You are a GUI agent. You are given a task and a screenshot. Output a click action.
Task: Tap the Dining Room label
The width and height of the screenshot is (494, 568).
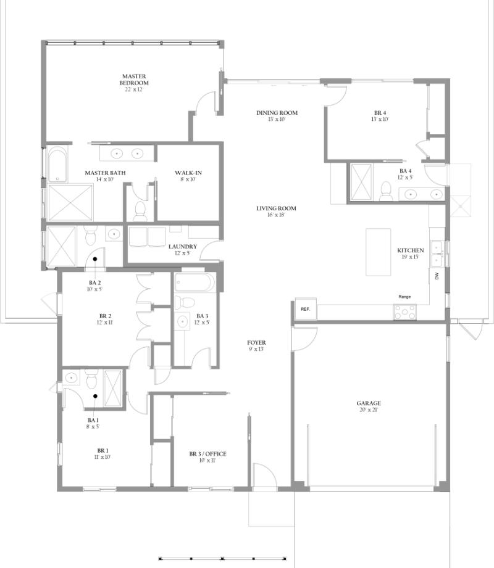click(277, 113)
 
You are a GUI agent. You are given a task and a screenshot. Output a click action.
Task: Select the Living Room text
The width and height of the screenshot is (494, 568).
click(276, 208)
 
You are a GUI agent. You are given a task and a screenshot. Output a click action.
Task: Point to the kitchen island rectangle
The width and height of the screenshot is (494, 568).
click(378, 252)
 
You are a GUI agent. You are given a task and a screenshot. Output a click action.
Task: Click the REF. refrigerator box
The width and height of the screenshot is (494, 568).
click(305, 308)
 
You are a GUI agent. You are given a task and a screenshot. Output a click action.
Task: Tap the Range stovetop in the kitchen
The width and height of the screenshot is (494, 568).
click(405, 312)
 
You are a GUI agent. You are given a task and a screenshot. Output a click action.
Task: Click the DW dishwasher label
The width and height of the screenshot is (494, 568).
click(437, 276)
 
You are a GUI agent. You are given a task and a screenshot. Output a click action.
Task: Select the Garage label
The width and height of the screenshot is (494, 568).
click(369, 403)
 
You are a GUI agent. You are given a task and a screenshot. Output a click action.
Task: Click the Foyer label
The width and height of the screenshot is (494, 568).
click(256, 342)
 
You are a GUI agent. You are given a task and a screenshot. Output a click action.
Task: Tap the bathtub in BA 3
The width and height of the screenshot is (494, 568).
click(195, 283)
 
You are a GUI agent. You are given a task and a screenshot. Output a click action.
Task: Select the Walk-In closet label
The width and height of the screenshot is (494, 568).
click(188, 173)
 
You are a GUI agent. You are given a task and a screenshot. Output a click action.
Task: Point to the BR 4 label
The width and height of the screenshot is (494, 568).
click(380, 113)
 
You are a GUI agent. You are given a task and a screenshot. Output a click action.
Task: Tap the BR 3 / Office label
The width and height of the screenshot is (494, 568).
click(207, 454)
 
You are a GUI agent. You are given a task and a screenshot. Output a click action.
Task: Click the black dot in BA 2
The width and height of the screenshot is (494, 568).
click(95, 259)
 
